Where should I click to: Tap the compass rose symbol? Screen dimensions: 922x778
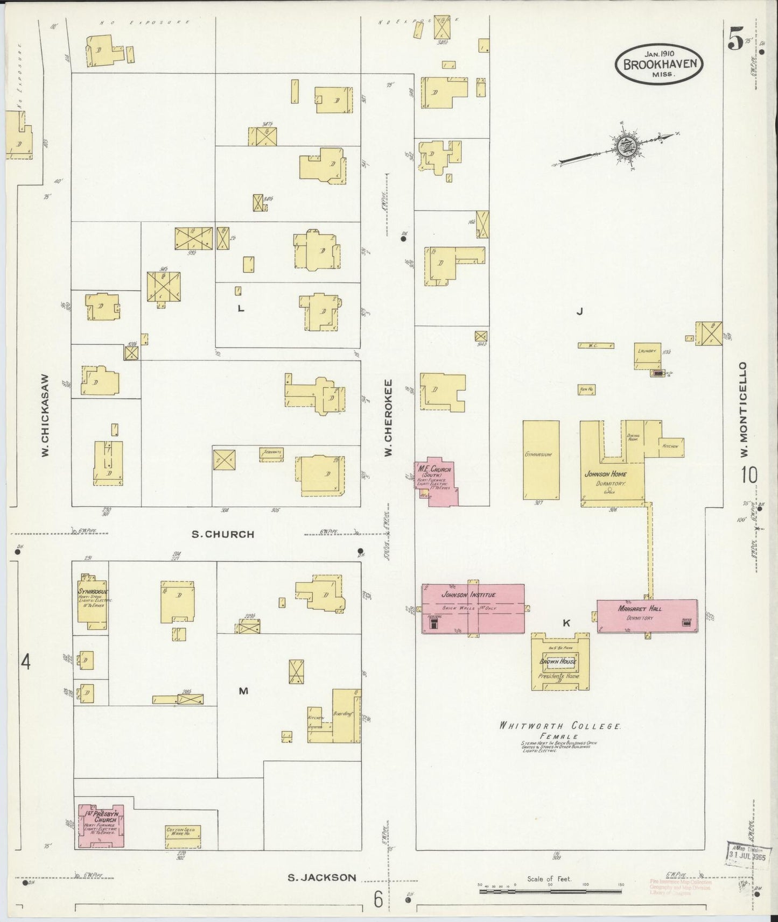click(625, 145)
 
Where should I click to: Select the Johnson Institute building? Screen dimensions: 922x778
click(473, 609)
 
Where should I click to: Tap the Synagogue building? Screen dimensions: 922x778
click(92, 600)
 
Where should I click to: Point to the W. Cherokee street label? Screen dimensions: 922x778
click(388, 419)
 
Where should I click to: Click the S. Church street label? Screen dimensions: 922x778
click(223, 534)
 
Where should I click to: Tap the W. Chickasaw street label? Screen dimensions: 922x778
click(46, 415)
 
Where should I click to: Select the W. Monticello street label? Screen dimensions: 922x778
click(744, 409)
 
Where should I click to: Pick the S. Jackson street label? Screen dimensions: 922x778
click(321, 877)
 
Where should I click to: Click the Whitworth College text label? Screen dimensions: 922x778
click(559, 726)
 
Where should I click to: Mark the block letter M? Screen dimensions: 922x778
click(243, 691)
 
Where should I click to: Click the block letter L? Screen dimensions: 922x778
click(241, 308)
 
